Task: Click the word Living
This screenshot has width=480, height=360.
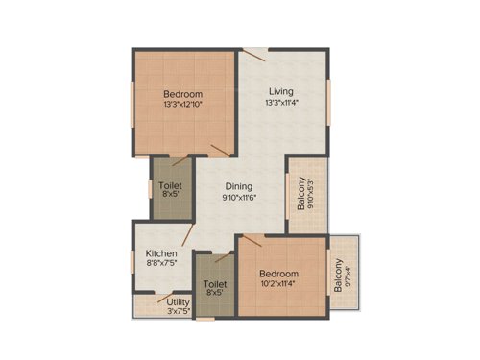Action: [x=280, y=93]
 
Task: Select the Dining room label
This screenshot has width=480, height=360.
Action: [x=239, y=186]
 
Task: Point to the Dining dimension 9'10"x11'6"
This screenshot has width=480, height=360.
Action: [x=240, y=198]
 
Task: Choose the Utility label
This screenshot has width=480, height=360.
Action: [x=179, y=302]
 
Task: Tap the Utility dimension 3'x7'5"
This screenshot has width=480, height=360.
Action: [x=179, y=312]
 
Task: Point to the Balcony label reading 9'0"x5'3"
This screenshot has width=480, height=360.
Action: [x=301, y=194]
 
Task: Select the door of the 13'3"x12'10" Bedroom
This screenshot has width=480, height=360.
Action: [x=221, y=149]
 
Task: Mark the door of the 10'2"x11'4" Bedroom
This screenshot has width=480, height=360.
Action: [x=252, y=241]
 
